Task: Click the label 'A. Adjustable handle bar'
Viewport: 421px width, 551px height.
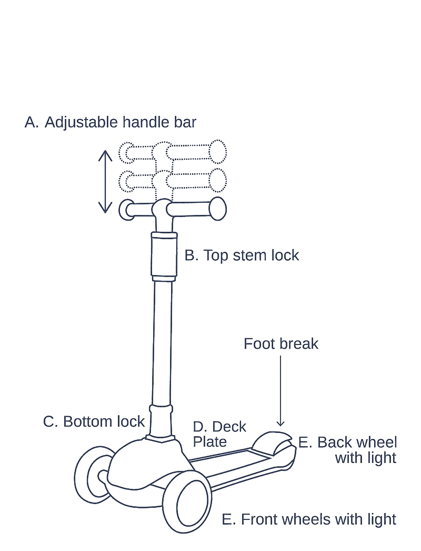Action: click(x=111, y=123)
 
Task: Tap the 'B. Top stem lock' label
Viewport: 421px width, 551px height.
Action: click(x=242, y=256)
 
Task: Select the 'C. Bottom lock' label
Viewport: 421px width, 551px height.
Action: click(x=94, y=421)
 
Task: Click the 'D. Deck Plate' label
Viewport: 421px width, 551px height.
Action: click(x=219, y=434)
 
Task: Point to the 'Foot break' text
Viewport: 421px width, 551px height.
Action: click(x=282, y=344)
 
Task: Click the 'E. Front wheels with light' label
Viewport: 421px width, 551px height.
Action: click(x=309, y=519)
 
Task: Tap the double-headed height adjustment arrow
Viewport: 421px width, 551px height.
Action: click(x=106, y=181)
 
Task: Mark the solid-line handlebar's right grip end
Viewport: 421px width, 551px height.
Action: click(x=217, y=210)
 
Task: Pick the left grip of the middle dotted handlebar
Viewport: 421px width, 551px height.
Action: click(x=128, y=182)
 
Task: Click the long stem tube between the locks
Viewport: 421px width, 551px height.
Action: click(x=163, y=342)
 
